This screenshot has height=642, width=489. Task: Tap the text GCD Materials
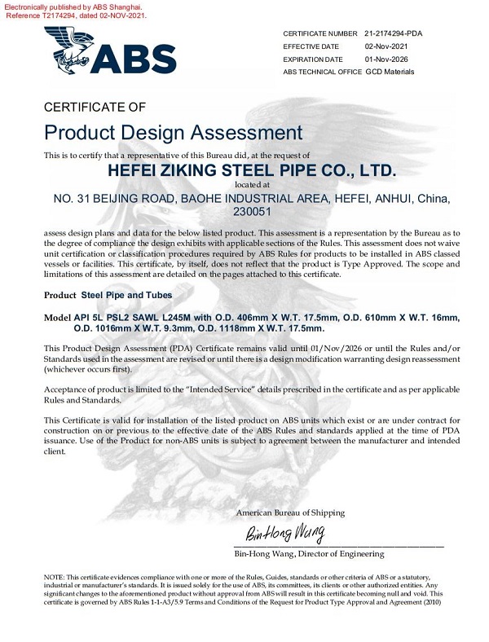pyautogui.click(x=390, y=72)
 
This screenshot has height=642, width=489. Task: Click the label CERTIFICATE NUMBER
pyautogui.click(x=320, y=33)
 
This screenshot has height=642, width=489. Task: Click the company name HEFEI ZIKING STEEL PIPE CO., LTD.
pyautogui.click(x=252, y=171)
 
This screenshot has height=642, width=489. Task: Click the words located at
pyautogui.click(x=252, y=185)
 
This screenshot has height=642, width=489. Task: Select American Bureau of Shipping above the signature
pyautogui.click(x=290, y=512)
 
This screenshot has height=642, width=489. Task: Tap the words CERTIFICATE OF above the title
pyautogui.click(x=94, y=107)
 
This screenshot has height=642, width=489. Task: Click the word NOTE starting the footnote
pyautogui.click(x=54, y=577)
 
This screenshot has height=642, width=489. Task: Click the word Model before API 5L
pyautogui.click(x=57, y=317)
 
